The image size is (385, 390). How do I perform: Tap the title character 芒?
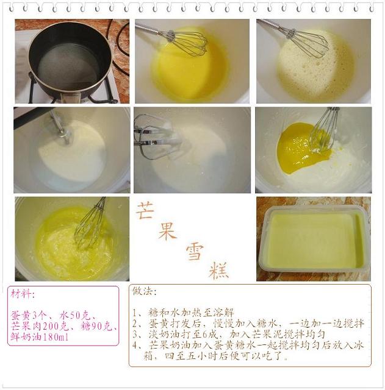pos(145,211)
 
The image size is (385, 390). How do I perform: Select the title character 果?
pos(167,231)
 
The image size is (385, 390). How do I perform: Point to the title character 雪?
pos(195,252)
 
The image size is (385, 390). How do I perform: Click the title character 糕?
pos(219,271)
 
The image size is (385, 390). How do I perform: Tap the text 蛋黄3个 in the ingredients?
pos(29,316)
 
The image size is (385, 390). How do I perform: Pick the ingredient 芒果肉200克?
pos(39,327)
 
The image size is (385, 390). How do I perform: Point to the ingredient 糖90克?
pos(96,327)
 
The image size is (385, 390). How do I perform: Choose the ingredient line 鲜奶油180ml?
pos(39,337)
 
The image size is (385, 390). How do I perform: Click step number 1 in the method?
pos(134,313)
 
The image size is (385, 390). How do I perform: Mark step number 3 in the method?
pos(135,335)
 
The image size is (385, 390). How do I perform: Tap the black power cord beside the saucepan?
pos(120,48)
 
